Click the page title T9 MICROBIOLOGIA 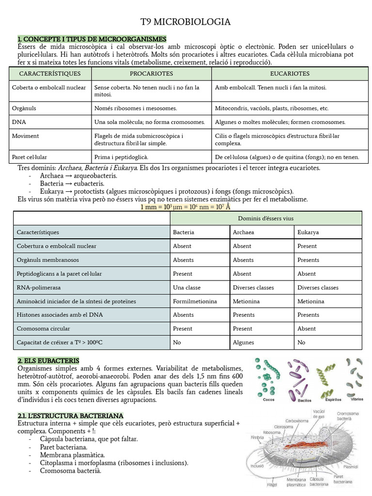point(186,22)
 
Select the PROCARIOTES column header point(151,74)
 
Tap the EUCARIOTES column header point(290,74)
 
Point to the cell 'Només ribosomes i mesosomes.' point(136,108)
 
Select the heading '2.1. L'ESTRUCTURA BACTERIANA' point(71,416)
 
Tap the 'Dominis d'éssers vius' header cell point(265,218)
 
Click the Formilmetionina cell point(195,301)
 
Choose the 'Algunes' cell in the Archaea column point(243,342)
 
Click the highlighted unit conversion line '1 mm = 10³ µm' point(186,207)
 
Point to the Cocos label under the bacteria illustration point(269,400)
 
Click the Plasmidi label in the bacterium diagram point(350,467)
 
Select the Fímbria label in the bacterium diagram point(257,437)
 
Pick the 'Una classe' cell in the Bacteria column point(186,288)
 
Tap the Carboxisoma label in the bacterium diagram point(297,421)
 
